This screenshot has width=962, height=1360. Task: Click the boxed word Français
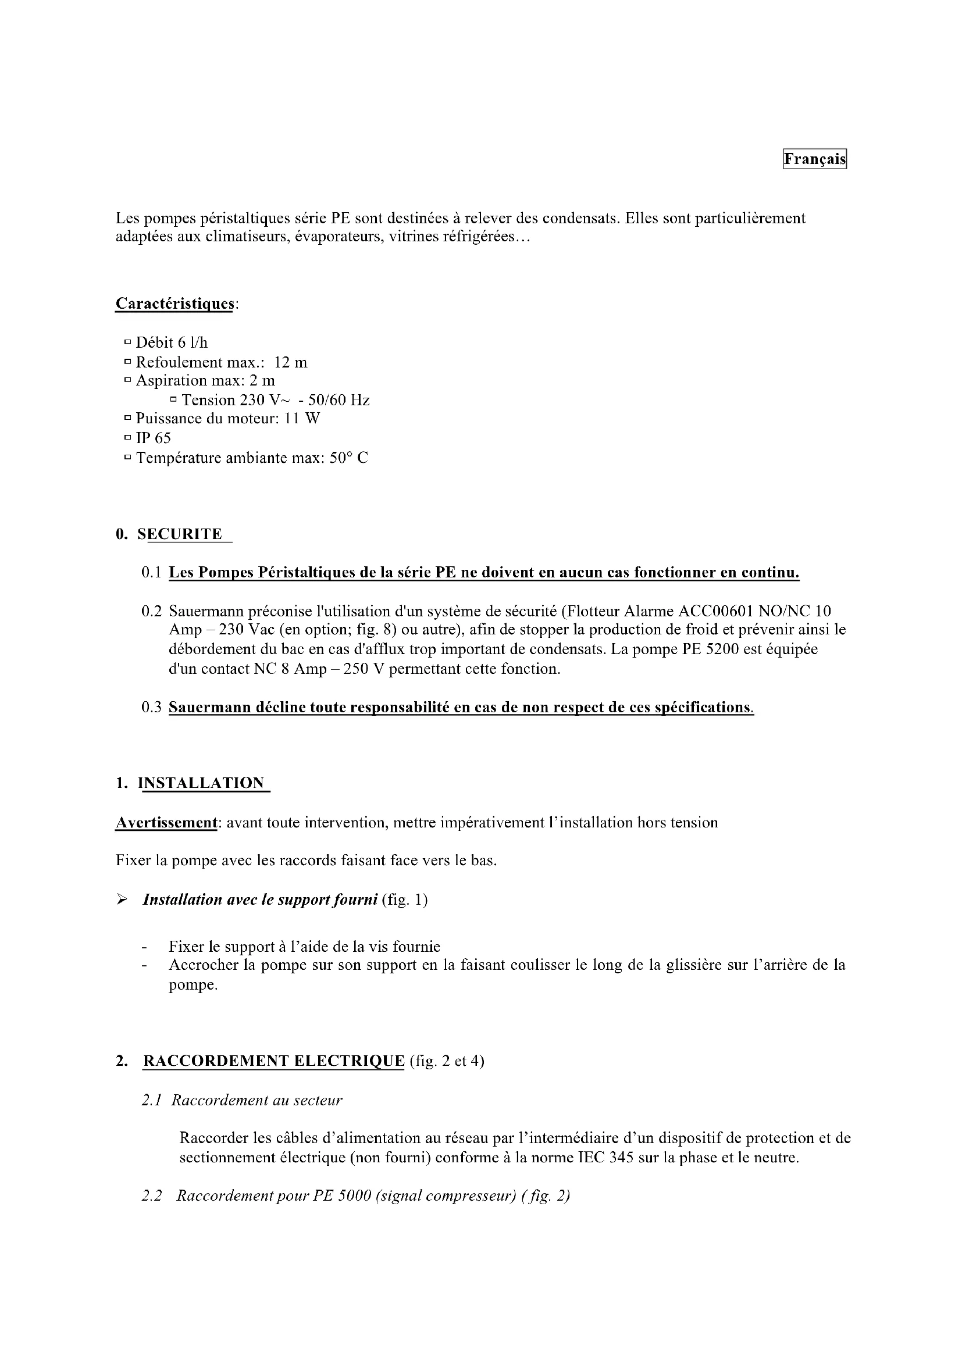point(814,159)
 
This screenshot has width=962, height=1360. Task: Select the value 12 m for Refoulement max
point(291,362)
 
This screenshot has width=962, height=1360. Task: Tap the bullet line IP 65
point(153,438)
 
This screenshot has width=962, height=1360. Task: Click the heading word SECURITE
point(180,534)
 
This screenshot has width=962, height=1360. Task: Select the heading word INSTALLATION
point(201,783)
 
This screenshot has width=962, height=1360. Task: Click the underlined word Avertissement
point(166,823)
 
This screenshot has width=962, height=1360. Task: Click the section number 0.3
point(152,707)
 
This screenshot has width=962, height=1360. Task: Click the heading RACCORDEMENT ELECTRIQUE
point(274,1061)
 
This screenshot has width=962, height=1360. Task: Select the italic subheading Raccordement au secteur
point(256,1100)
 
